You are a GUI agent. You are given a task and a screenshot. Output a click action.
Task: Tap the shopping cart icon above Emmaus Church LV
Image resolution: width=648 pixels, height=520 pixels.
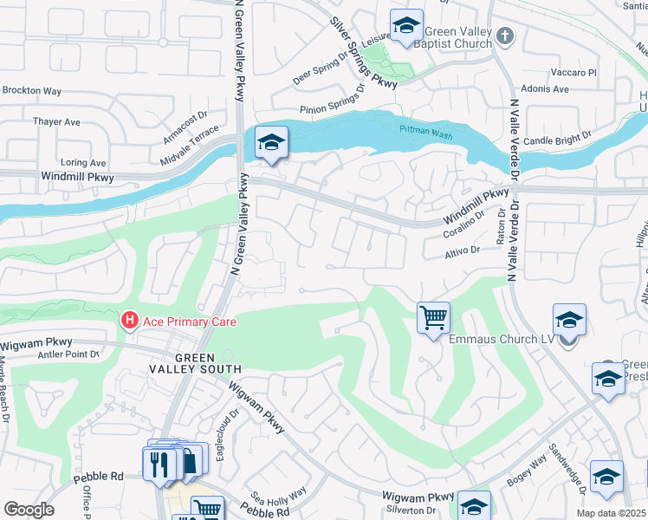[433, 316]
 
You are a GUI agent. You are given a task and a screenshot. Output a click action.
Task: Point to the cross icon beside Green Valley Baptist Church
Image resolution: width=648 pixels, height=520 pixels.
[507, 36]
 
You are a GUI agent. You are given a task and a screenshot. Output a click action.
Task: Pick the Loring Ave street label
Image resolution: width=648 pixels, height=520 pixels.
[83, 162]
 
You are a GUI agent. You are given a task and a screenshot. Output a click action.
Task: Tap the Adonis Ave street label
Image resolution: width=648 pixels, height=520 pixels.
[546, 89]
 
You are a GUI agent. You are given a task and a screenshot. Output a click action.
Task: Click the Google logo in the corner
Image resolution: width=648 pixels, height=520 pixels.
[29, 509]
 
